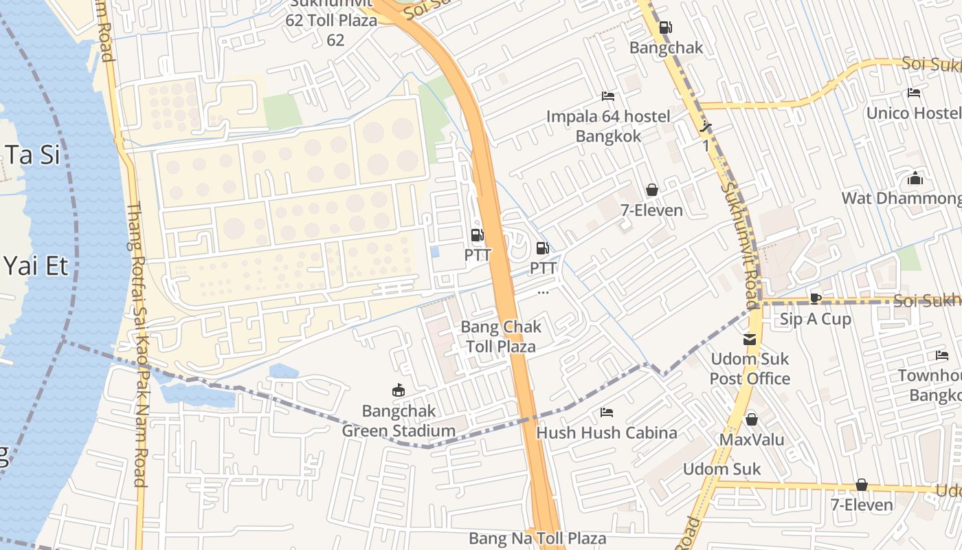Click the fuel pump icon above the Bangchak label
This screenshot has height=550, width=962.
tap(665, 27)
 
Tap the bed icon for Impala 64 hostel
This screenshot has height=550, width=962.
tap(607, 96)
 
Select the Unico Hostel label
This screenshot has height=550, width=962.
tap(913, 112)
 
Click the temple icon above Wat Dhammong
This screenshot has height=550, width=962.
tap(915, 179)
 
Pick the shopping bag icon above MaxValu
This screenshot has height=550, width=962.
tap(752, 419)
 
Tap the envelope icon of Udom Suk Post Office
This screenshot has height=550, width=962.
tap(749, 339)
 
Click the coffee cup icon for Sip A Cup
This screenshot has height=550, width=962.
tap(815, 298)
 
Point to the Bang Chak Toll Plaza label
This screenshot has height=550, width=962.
tap(501, 336)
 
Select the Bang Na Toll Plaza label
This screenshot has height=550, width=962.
tap(537, 538)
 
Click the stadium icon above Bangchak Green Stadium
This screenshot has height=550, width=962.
tap(398, 390)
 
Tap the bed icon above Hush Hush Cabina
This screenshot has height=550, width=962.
tap(607, 412)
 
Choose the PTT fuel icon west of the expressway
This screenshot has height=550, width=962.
tap(477, 235)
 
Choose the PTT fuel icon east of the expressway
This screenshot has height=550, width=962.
tap(542, 248)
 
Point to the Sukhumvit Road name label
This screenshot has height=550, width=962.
tap(741, 244)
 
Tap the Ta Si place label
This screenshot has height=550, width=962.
tap(31, 155)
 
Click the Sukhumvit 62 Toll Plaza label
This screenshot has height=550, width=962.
tap(332, 21)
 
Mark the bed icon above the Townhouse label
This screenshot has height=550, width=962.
tap(941, 355)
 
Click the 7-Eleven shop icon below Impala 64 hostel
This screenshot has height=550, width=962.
tap(651, 190)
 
